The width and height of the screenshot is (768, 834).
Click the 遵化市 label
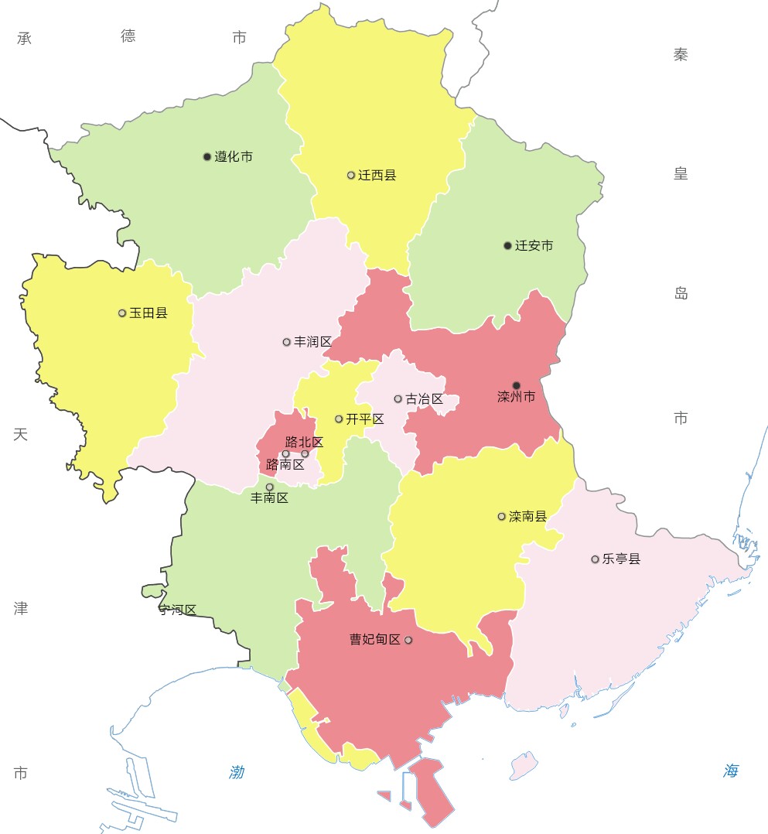234,157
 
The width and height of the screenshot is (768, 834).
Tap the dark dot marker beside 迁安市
507,246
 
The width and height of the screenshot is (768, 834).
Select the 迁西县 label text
377,176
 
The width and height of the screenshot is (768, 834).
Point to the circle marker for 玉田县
122,313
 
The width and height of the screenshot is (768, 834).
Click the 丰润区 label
313,342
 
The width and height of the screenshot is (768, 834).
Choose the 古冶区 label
425,399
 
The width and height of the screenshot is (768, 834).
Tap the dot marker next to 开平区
339,419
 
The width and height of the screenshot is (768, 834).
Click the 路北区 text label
304,443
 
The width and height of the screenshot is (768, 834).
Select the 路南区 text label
285,464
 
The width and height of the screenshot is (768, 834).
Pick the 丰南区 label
270,498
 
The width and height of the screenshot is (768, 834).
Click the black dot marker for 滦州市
517,385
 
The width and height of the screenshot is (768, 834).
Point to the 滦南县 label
528,516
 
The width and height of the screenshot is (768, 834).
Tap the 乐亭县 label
622,559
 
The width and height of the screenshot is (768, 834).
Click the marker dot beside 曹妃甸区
408,640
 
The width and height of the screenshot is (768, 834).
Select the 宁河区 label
177,610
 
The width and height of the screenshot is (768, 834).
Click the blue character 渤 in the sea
237,771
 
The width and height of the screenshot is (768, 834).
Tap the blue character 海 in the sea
732,771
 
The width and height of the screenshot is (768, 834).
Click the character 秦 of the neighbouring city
681,54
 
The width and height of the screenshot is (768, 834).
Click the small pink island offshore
524,764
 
